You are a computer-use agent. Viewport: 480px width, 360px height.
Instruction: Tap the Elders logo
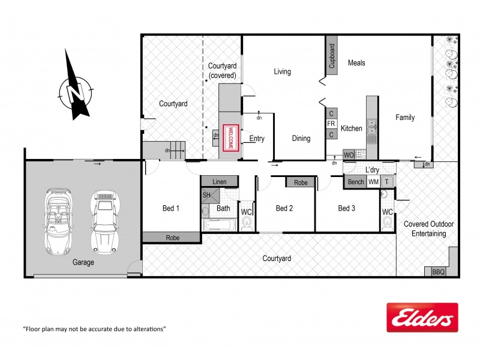coord(422,317)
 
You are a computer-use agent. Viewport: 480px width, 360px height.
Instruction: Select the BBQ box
coord(439,272)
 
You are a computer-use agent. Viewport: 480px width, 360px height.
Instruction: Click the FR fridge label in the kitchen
coord(331,124)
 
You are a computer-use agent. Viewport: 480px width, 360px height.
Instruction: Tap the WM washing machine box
coord(373,182)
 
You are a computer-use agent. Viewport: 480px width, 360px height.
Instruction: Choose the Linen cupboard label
coord(218,181)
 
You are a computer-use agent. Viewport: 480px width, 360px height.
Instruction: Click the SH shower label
coord(206,195)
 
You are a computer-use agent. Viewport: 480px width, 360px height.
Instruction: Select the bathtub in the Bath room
coord(221,225)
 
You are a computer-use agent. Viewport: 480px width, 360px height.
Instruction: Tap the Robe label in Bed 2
coord(301,182)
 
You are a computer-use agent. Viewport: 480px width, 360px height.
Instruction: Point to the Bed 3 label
coord(347,208)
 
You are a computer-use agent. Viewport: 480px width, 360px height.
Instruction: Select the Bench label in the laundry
coord(355,182)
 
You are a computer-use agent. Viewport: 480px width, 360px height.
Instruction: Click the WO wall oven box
coord(349,154)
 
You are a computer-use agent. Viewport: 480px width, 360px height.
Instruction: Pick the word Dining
coord(301,139)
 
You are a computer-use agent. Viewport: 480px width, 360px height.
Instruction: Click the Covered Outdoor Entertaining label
coord(428,229)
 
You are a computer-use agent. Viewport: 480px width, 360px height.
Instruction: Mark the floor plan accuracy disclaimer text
coord(94,329)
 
